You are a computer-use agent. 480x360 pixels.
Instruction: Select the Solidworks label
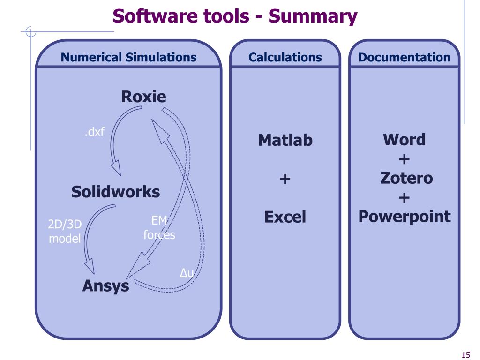115,191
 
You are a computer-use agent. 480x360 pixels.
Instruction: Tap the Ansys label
105,285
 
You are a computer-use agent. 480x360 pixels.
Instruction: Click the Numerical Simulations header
129,58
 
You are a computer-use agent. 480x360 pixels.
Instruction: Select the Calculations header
285,58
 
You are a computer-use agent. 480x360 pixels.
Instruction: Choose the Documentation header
404,58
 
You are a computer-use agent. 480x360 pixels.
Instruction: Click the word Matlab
285,140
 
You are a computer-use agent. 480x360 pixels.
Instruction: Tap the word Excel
285,217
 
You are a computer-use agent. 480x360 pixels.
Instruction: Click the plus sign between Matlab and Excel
285,179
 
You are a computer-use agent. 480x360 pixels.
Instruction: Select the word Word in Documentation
404,140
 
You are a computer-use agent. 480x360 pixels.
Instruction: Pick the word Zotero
404,178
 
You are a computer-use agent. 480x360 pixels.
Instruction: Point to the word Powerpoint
404,217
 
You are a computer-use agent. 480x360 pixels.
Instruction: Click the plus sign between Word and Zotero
404,159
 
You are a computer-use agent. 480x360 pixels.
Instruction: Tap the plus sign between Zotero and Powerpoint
404,198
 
